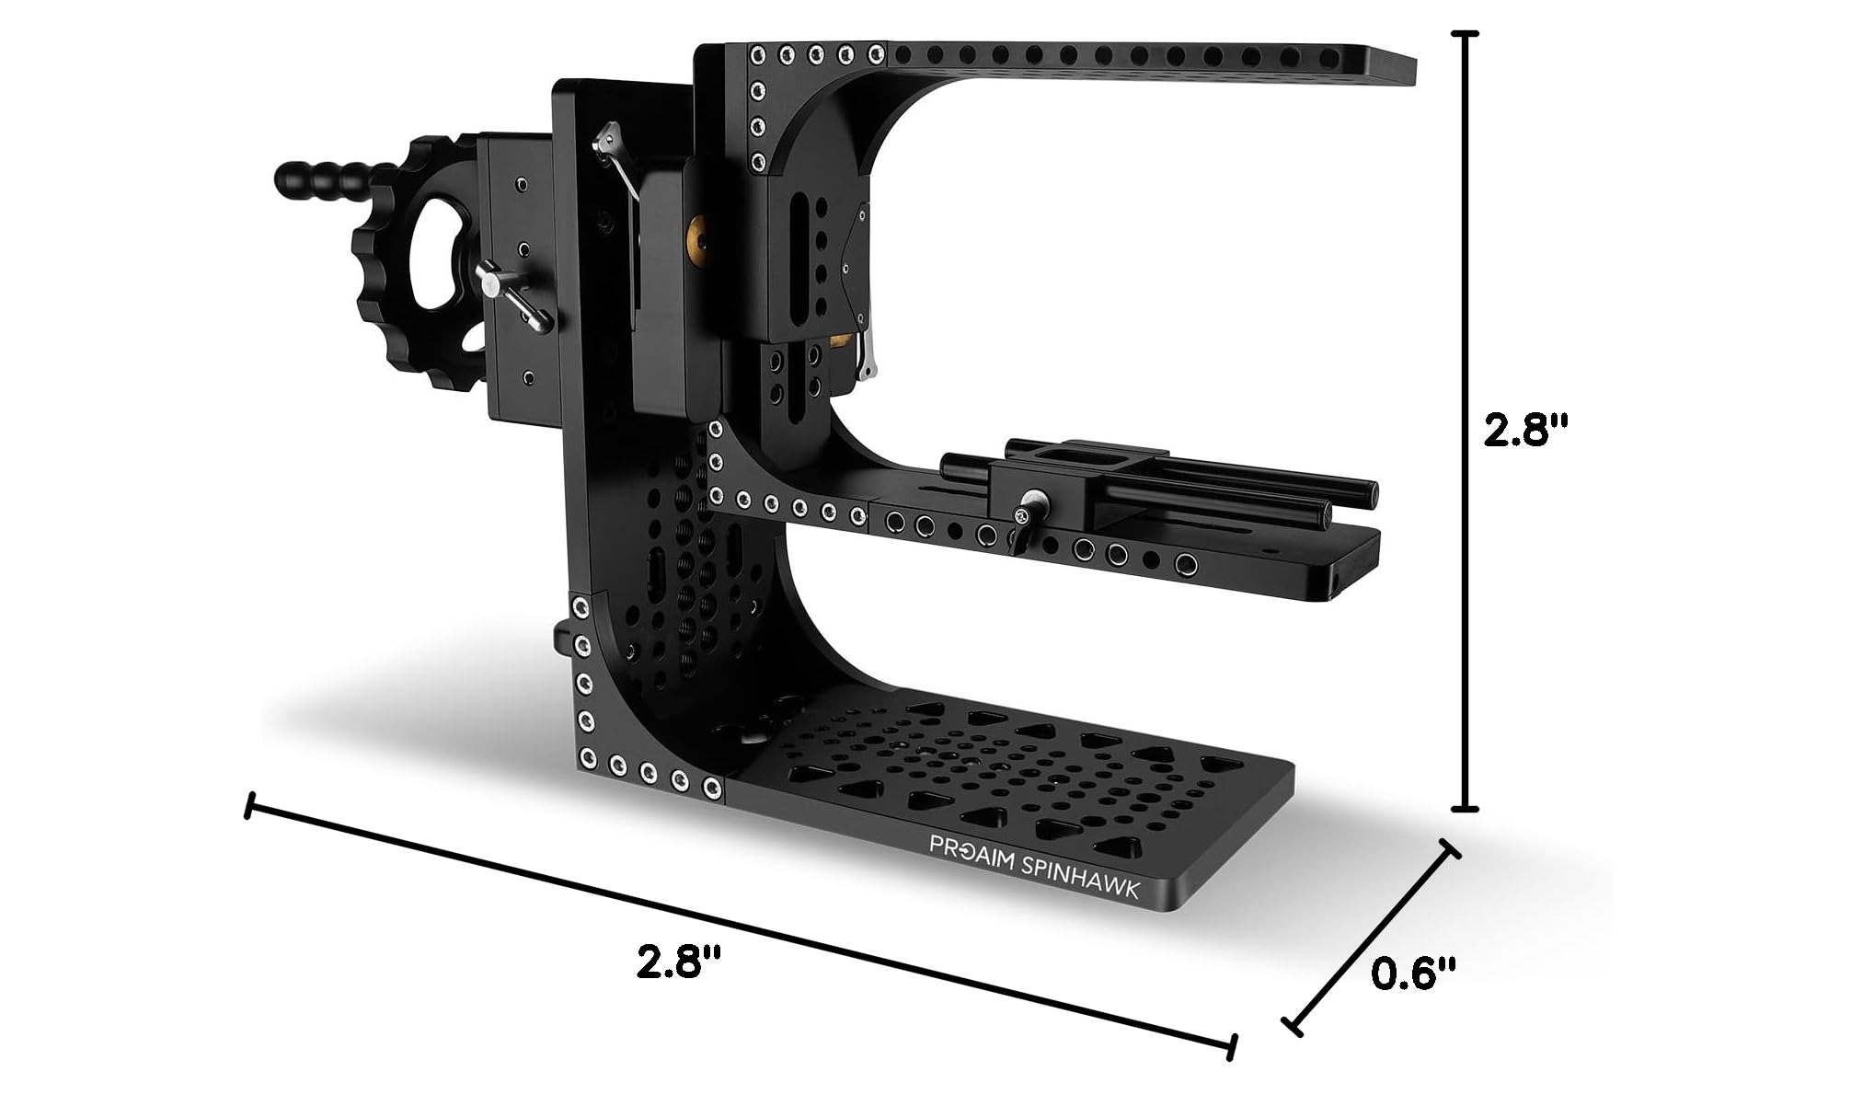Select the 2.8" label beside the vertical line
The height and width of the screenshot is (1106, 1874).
coord(1528,430)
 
